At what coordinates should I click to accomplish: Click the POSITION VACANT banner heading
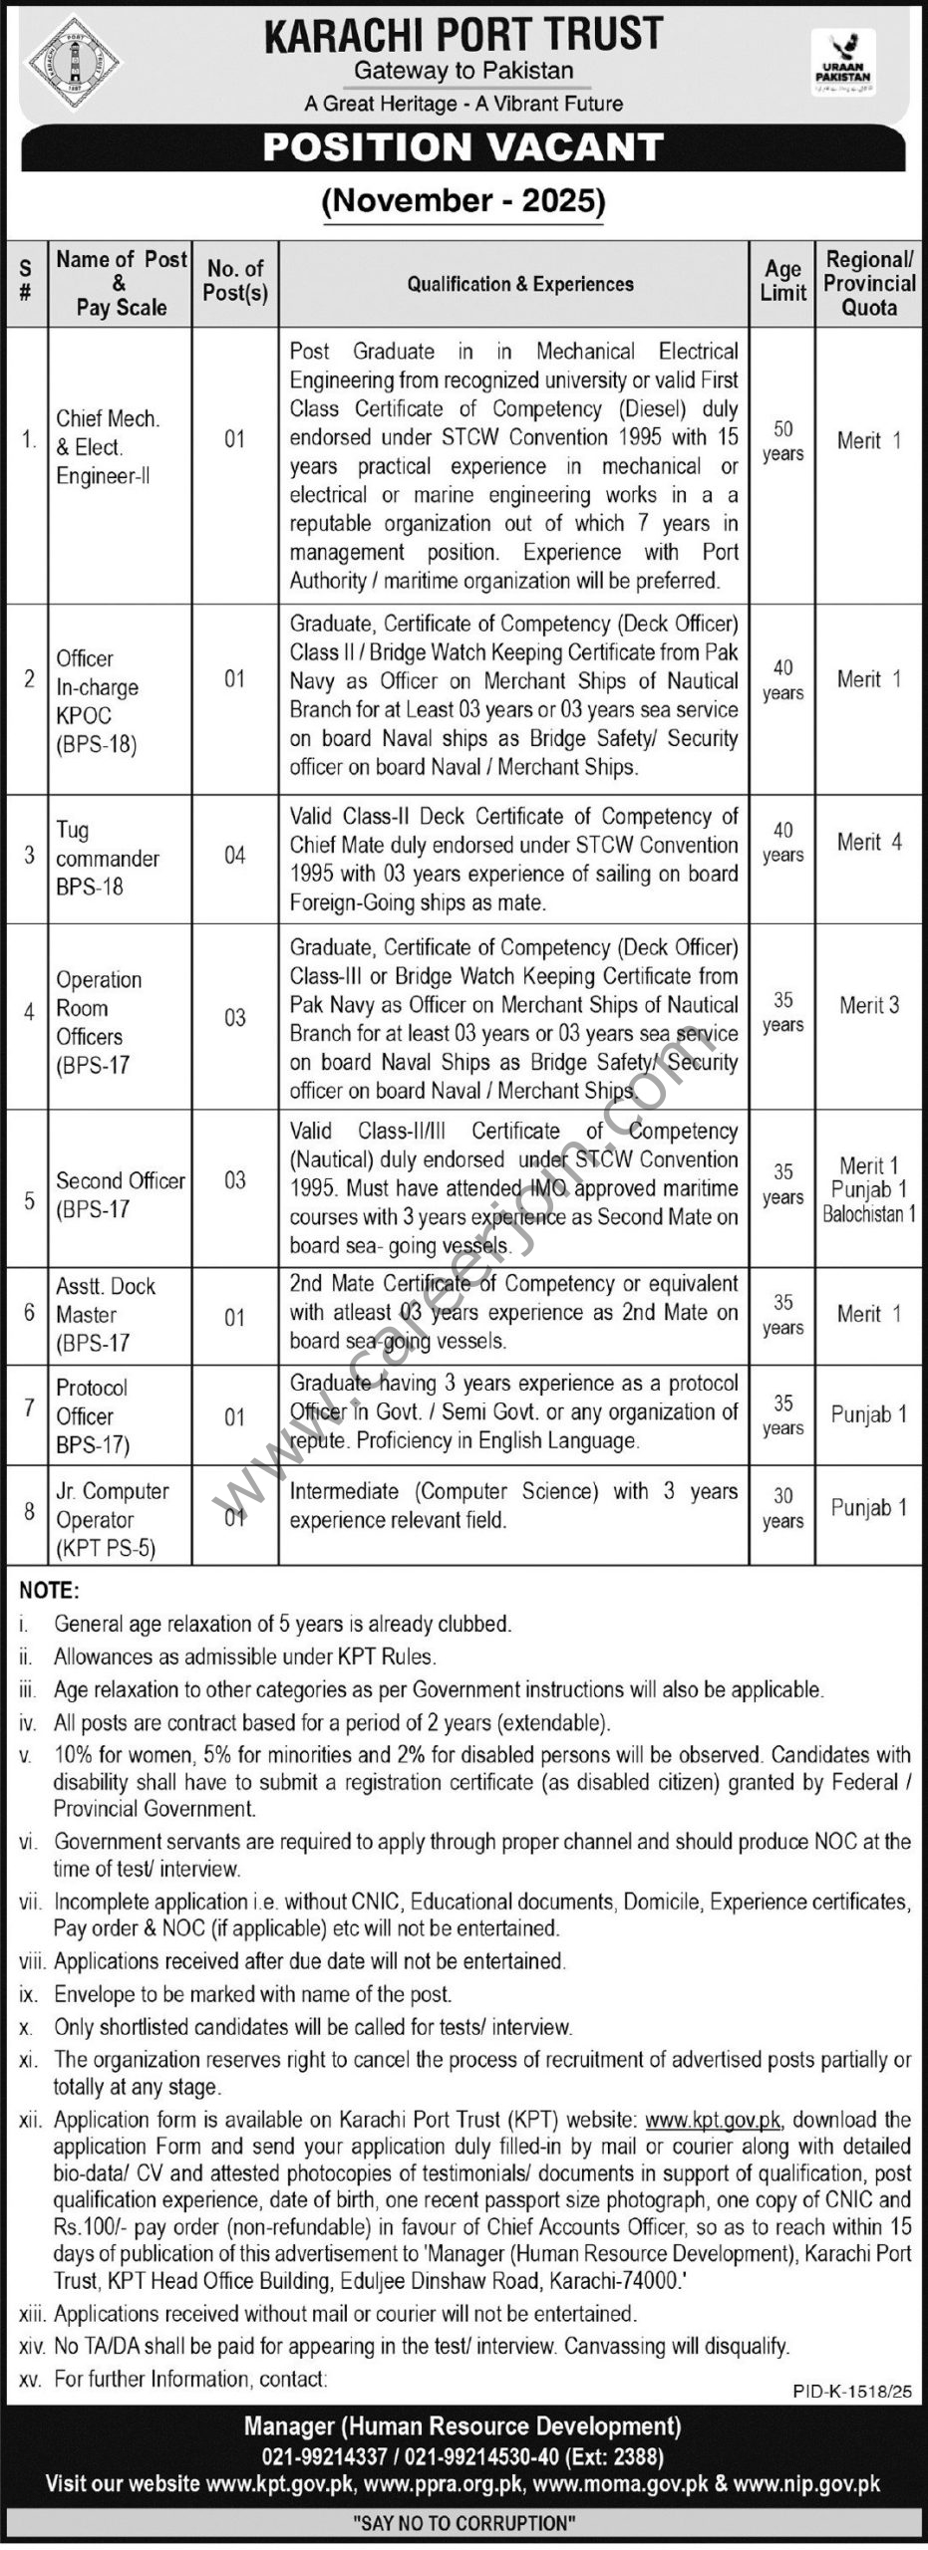[x=464, y=147]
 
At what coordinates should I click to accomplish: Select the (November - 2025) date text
[x=464, y=201]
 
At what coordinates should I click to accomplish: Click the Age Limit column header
[x=782, y=281]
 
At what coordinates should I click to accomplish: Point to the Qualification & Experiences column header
[x=519, y=284]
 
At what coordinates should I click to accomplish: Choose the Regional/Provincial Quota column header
[x=868, y=283]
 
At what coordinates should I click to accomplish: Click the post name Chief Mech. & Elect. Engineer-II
[x=108, y=446]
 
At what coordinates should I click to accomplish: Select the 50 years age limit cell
[x=782, y=440]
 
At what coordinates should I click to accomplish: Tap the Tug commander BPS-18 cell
[x=107, y=858]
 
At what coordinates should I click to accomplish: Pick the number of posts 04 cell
[x=234, y=856]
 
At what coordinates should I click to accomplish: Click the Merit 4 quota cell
[x=869, y=843]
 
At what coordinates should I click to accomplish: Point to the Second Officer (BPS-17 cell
[x=120, y=1194]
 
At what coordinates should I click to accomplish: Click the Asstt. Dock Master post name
[x=105, y=1314]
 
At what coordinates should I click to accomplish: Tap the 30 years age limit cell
[x=782, y=1508]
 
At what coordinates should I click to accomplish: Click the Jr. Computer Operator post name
[x=112, y=1519]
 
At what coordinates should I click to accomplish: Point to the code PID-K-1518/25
[x=853, y=2390]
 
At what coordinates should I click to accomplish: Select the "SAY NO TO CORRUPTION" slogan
[x=464, y=2523]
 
